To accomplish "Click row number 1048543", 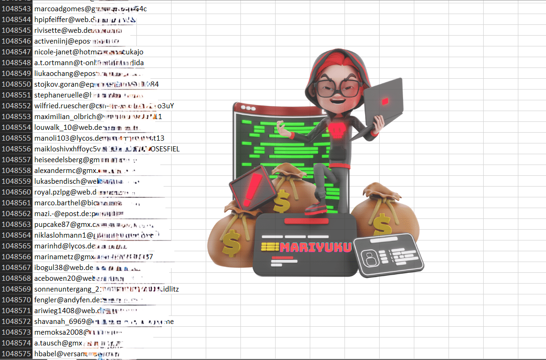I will point(16,9).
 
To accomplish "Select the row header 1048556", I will point(16,149).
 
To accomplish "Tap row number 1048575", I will point(16,354).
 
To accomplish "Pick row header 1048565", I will point(16,246).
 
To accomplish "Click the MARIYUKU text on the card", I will point(315,247).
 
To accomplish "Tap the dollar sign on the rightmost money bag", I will point(382,225).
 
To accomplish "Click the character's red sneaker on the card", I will point(317,208).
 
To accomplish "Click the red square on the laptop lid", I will point(385,101).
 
